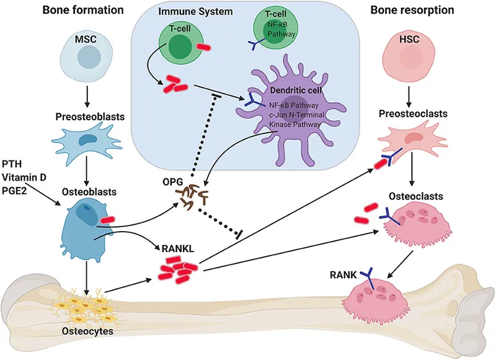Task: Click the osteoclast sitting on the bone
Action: coord(372,296)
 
